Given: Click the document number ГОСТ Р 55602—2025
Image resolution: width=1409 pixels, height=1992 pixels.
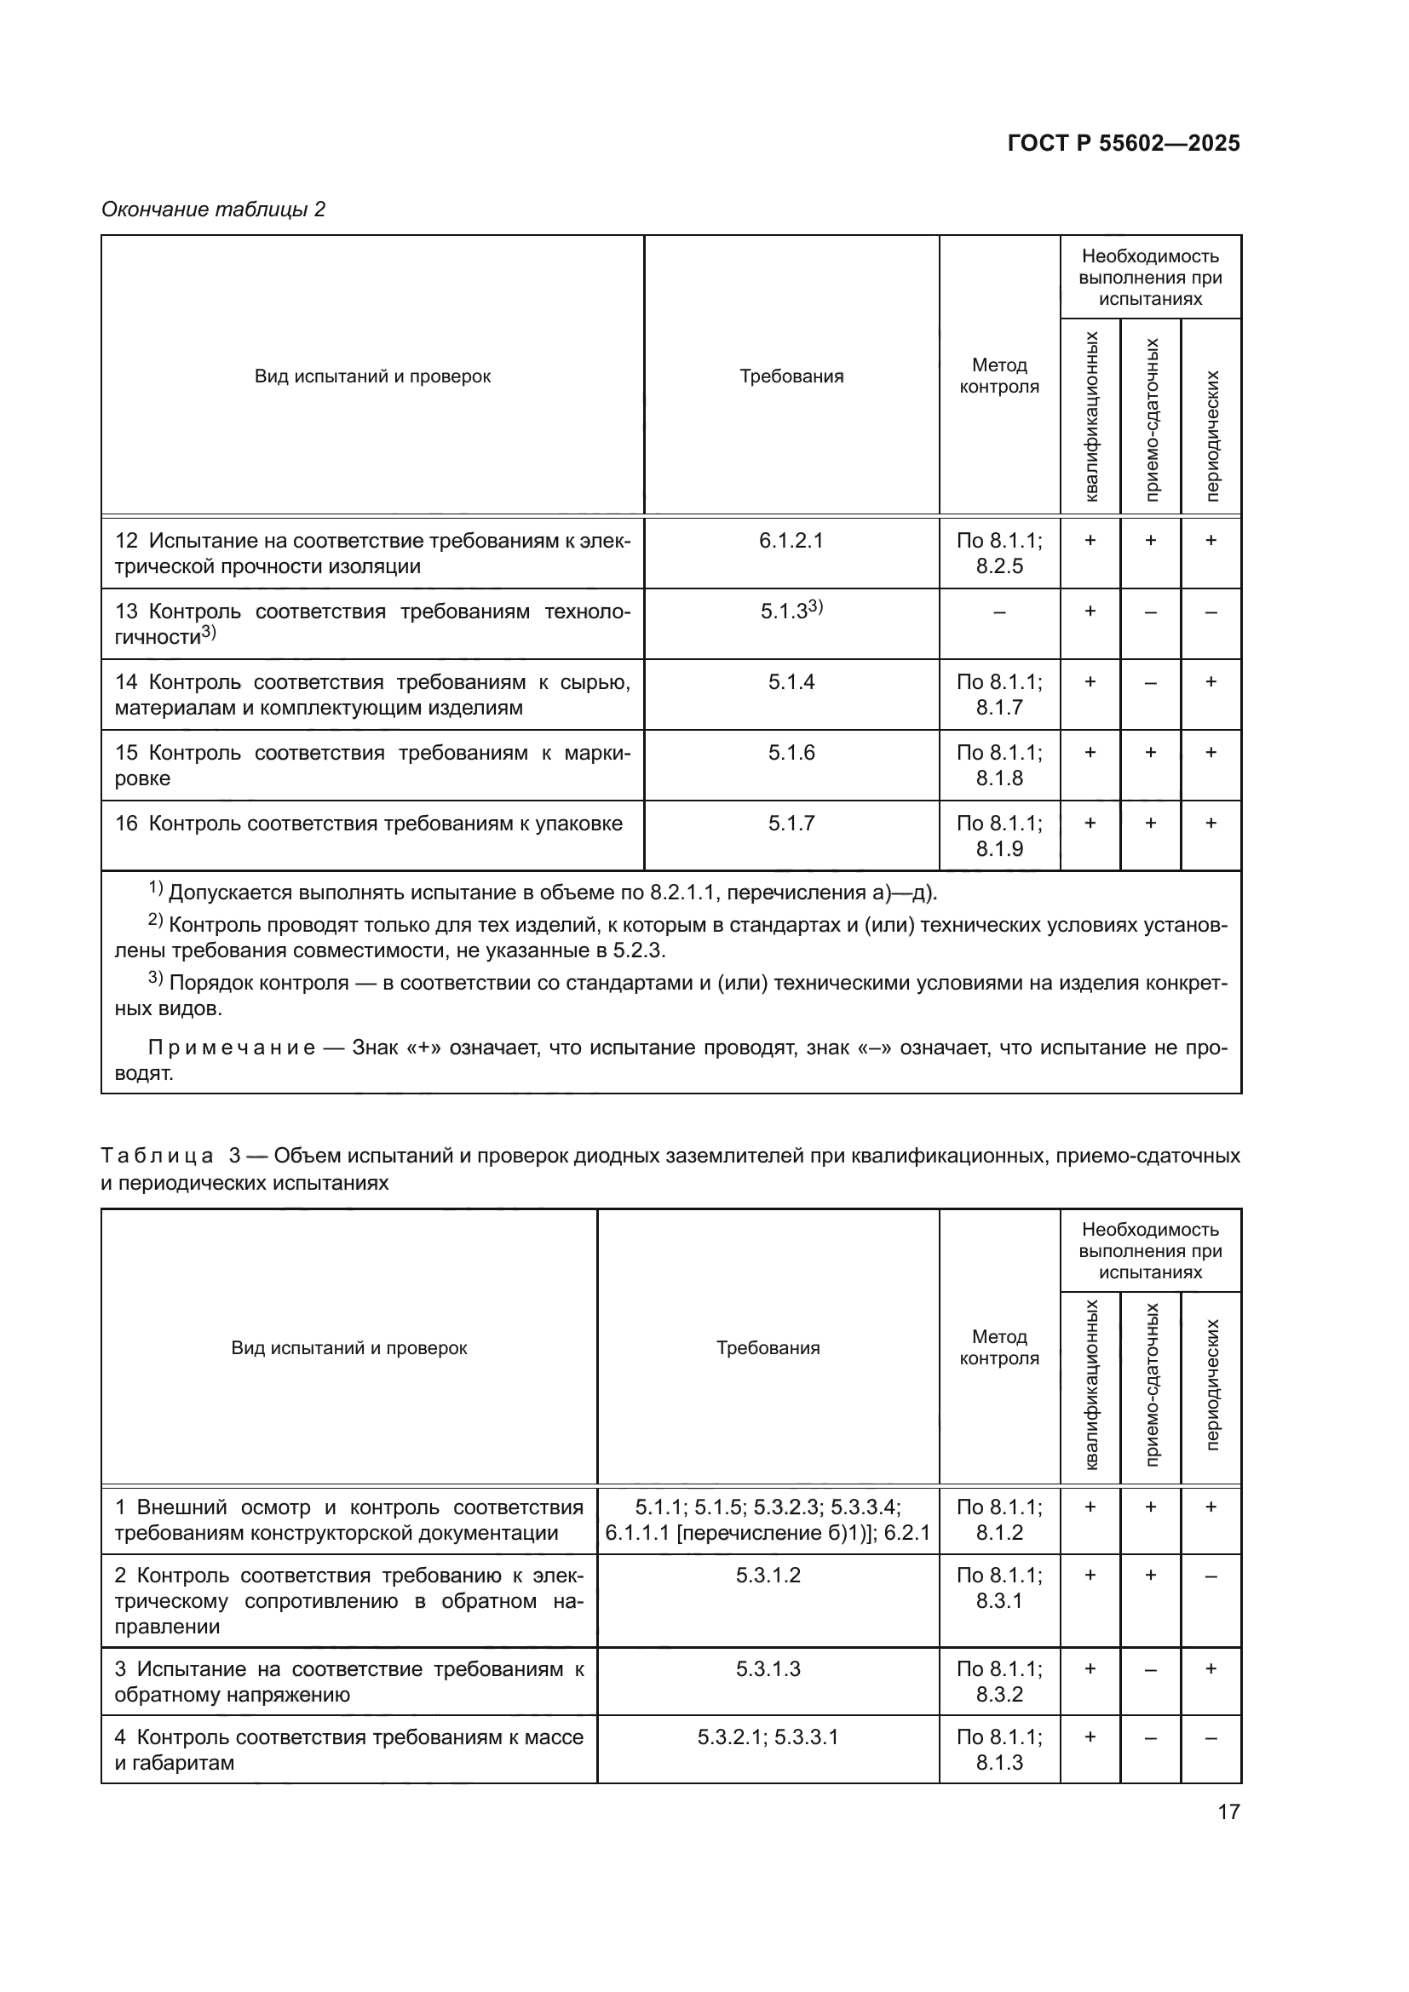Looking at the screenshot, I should coord(1124,144).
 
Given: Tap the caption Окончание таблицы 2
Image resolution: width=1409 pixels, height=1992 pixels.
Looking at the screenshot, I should coord(214,210).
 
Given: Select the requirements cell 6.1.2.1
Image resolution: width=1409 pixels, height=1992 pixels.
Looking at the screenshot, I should coord(791,541).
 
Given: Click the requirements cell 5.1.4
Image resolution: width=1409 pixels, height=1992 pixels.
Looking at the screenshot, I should coord(791,682).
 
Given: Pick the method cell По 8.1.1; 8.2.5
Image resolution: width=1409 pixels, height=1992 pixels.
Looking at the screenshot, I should coord(998,554).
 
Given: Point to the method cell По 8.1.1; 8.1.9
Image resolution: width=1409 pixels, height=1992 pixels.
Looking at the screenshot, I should coord(998,835).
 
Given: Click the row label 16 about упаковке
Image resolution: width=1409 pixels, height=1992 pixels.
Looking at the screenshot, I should coord(369,824).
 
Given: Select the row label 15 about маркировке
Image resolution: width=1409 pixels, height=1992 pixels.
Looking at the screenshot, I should coord(372,766).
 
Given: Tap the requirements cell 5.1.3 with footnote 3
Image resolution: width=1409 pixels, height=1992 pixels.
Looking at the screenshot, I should coord(791,611).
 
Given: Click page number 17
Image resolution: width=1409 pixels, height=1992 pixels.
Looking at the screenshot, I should coord(1228,1811).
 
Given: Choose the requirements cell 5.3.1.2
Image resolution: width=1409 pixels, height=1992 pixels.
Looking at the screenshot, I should coord(768,1575).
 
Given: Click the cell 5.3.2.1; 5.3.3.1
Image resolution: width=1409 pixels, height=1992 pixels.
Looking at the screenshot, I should coord(768,1737).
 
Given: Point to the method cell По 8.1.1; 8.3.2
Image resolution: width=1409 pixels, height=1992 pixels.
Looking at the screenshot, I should coord(998,1681).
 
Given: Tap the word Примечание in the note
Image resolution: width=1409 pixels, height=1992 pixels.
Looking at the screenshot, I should coord(231,1048).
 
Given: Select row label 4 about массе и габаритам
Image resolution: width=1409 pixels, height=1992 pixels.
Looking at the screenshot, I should coord(348,1750).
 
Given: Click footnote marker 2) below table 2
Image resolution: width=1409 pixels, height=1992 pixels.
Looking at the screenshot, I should coord(155,921).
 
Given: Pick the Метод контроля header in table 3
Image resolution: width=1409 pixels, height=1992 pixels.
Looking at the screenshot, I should coord(998,1347).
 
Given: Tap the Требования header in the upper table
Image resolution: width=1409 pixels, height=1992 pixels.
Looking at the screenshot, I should coord(791,376).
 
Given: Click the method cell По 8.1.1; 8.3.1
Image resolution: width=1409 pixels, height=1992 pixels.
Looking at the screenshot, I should coord(998,1587).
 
